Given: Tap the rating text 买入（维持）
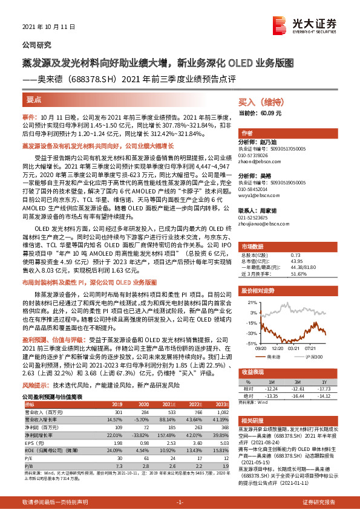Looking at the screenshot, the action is click(x=259, y=103).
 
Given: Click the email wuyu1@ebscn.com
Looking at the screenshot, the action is click(x=256, y=196).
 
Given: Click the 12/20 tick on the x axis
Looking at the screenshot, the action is click(x=278, y=348).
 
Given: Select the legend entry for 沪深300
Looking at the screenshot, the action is click(x=313, y=357).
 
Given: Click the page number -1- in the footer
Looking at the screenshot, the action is click(x=180, y=502).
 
